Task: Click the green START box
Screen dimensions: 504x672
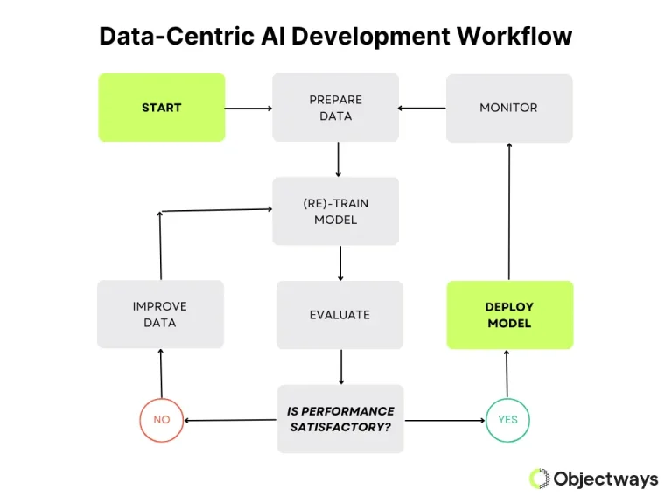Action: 161,108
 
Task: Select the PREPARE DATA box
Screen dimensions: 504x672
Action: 335,108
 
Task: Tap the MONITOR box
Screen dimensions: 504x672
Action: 508,108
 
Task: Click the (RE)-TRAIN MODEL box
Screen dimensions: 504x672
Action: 335,211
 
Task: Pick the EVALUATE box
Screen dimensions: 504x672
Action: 339,314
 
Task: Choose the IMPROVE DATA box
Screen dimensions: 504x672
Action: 160,314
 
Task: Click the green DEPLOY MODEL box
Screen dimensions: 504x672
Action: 509,315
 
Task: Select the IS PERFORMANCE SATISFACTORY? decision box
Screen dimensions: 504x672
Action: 340,418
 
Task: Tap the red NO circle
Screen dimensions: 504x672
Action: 162,420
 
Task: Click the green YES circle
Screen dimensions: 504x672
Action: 507,420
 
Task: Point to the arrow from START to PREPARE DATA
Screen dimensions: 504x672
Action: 248,108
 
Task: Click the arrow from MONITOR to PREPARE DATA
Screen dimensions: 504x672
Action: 422,108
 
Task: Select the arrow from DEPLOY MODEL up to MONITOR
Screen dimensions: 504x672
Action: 509,211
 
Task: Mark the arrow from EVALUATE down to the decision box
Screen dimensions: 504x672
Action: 340,367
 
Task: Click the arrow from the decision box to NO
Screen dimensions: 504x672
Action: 230,420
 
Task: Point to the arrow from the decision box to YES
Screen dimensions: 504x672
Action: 444,420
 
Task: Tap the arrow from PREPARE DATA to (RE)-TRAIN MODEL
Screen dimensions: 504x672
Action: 338,159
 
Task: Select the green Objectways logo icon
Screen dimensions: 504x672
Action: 539,478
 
